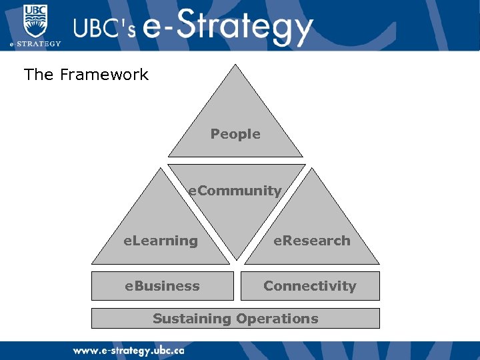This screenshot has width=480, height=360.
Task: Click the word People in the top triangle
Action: click(x=235, y=134)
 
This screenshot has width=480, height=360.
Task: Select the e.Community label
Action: click(x=235, y=191)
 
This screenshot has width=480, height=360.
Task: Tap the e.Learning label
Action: click(x=161, y=241)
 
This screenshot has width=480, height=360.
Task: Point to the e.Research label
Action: click(x=311, y=241)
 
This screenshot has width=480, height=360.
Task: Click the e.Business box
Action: click(x=163, y=286)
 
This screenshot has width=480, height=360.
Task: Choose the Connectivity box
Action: click(x=309, y=286)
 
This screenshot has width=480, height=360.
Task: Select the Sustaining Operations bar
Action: click(x=235, y=319)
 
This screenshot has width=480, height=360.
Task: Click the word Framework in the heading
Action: click(x=104, y=75)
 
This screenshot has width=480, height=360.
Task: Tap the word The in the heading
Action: click(x=39, y=75)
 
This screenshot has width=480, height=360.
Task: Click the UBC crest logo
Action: click(x=35, y=20)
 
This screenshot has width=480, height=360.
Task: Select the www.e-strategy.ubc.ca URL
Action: click(x=128, y=350)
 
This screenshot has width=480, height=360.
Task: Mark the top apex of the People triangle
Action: click(x=235, y=65)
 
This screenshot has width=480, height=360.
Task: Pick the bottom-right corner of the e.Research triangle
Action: click(x=379, y=264)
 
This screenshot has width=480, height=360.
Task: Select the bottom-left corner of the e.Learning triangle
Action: click(x=92, y=264)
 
